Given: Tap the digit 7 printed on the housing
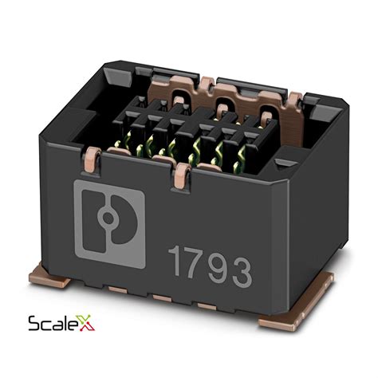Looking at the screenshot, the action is tap(195, 264).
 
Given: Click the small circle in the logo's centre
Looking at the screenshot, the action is tap(108, 219).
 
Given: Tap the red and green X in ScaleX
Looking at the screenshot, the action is tap(85, 322).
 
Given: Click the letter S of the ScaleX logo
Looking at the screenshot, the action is tap(34, 324).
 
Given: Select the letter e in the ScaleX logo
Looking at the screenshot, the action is tap(70, 325).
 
